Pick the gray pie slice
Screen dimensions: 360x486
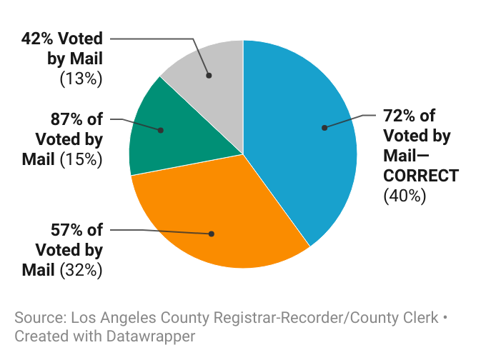[x=207, y=64]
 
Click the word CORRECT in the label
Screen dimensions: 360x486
[x=421, y=175]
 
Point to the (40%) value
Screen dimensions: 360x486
[x=405, y=195]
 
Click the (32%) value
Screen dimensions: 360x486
[x=81, y=270]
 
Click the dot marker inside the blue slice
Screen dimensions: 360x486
[x=324, y=128]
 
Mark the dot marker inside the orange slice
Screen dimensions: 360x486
[x=211, y=234]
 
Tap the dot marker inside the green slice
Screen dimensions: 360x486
[x=161, y=130]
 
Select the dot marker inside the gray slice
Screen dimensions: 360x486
[x=209, y=74]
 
